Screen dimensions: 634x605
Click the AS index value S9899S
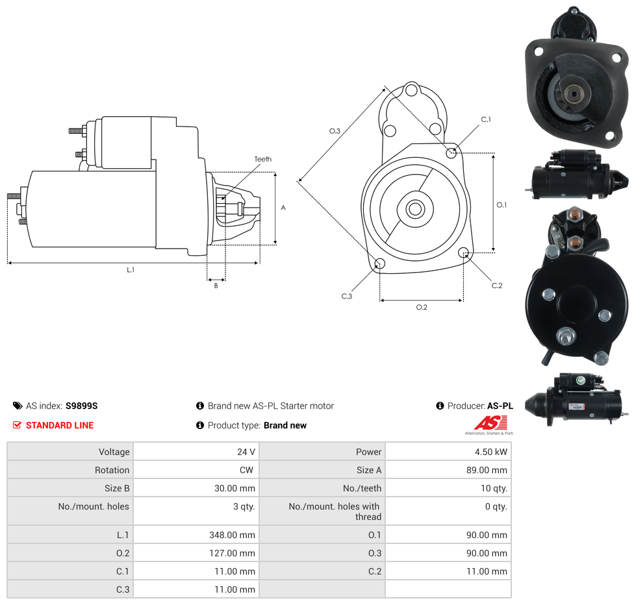(x=81, y=406)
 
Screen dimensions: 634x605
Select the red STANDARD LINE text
(x=60, y=425)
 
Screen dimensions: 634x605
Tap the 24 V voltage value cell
(x=246, y=452)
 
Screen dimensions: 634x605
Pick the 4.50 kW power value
(x=491, y=452)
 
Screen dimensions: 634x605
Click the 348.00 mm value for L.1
(x=232, y=535)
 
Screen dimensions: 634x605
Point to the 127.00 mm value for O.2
(x=232, y=553)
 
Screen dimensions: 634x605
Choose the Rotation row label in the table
(x=112, y=470)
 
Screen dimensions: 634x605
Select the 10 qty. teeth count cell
(x=494, y=488)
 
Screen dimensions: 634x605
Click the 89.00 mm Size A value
(x=487, y=470)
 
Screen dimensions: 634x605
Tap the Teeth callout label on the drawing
(x=263, y=159)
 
